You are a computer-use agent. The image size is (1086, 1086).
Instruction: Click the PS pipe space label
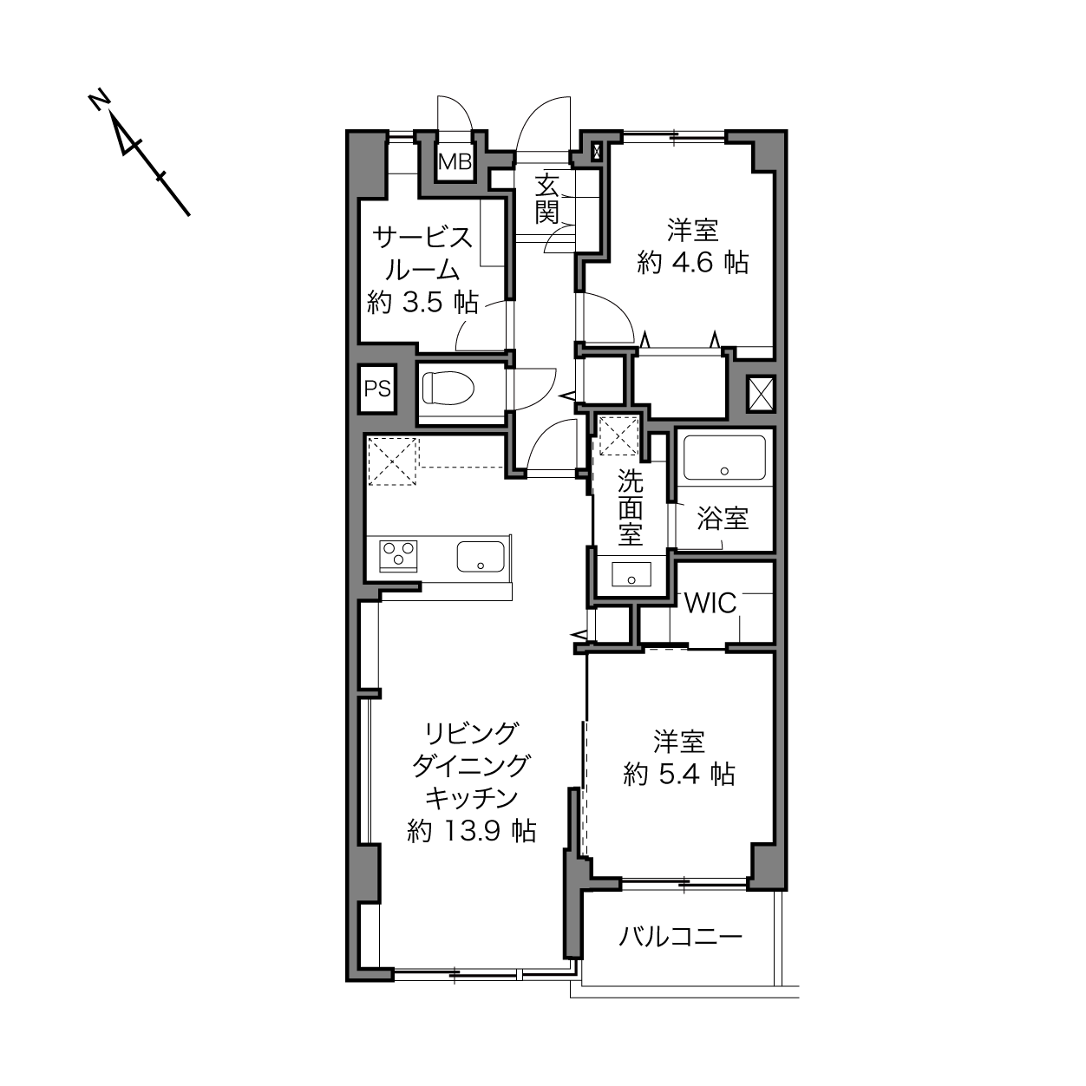[377, 389]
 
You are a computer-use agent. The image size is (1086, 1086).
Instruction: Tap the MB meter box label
[455, 162]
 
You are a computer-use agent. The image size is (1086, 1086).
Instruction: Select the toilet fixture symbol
[448, 388]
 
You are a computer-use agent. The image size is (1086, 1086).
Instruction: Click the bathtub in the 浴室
[724, 456]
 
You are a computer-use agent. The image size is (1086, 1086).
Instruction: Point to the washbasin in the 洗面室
[631, 574]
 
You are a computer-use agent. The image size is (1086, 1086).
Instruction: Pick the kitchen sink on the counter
[481, 557]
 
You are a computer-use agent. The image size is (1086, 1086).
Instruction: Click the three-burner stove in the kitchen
[398, 556]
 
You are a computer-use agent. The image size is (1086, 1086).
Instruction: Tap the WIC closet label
[710, 603]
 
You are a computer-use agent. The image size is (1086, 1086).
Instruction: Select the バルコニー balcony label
[680, 937]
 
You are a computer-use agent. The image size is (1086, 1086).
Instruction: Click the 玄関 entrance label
[546, 199]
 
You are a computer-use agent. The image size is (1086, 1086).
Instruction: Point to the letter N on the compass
[99, 101]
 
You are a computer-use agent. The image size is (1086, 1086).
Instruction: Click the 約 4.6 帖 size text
[692, 263]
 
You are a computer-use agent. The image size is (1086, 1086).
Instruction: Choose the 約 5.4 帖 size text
[679, 775]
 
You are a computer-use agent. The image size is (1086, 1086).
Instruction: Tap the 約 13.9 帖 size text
[471, 831]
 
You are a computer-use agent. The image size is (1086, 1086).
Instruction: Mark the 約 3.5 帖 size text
[422, 303]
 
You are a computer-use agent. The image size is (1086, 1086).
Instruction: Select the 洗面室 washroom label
[630, 507]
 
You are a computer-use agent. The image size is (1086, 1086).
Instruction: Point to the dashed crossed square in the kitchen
[392, 461]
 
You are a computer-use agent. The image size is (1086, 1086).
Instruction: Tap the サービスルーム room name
[422, 254]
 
